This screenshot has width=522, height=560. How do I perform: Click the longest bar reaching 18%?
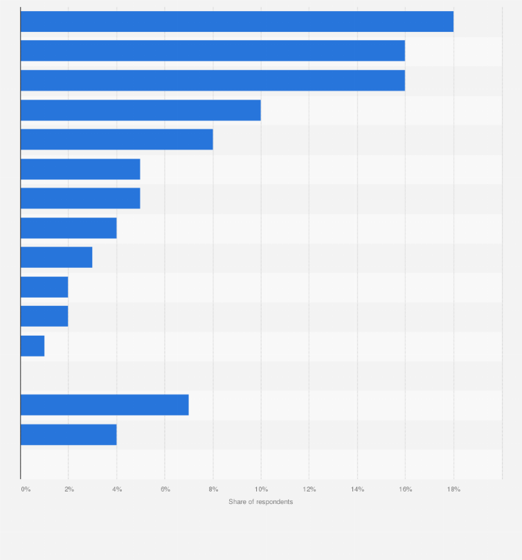[237, 21]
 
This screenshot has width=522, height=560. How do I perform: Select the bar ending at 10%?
[141, 110]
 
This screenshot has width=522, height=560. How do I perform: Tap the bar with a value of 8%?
[116, 139]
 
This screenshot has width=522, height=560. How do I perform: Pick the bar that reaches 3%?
[56, 258]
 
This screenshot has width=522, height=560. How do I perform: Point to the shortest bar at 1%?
[33, 346]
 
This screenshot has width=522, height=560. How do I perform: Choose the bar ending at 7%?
[105, 405]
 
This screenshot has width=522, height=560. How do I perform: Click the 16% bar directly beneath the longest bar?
[213, 51]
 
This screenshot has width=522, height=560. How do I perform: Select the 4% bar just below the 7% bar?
[69, 435]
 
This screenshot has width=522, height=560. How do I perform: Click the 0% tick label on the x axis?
[26, 489]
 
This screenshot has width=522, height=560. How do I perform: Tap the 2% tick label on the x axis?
[69, 489]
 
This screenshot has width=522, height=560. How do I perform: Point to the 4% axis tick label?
[117, 489]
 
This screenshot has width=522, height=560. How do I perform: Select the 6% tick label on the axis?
[165, 489]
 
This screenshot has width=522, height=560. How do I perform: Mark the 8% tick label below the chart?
[213, 489]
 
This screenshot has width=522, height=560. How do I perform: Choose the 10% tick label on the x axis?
[261, 489]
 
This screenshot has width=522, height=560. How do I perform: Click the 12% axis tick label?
[309, 489]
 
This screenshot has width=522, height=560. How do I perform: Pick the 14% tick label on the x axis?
[357, 489]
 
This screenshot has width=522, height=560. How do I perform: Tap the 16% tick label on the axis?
[406, 489]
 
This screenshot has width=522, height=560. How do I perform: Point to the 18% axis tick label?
[453, 489]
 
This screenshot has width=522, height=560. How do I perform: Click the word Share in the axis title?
[237, 502]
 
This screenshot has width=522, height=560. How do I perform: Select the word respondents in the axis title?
[273, 502]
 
